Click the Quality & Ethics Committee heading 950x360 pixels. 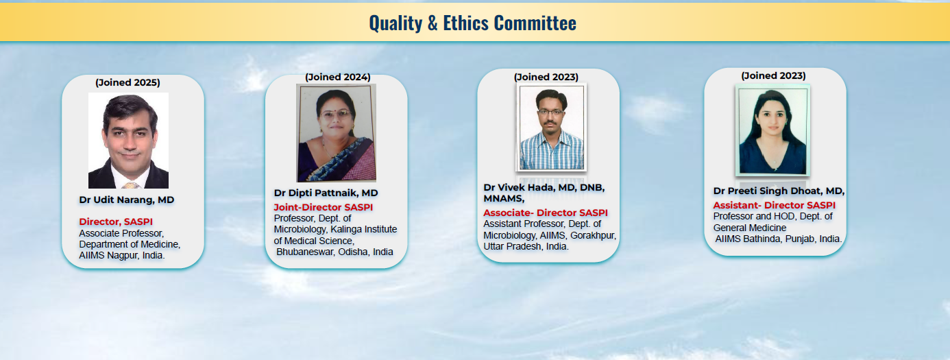click(x=472, y=23)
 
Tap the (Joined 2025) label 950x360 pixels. click(x=127, y=82)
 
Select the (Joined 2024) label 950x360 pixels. click(x=338, y=77)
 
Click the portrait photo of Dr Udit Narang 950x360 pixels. click(x=128, y=141)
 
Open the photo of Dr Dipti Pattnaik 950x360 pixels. click(x=336, y=133)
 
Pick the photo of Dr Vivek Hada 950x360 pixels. click(x=551, y=128)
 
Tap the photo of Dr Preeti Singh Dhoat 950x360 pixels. click(x=772, y=130)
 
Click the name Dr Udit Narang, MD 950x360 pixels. click(x=126, y=200)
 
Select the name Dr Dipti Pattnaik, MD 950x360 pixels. click(x=326, y=193)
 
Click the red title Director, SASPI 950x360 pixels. click(x=116, y=221)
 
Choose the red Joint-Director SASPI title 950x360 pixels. click(x=323, y=207)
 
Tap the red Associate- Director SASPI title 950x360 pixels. click(x=546, y=213)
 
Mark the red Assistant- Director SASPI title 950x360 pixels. click(x=774, y=206)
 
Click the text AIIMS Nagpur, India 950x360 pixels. click(x=122, y=256)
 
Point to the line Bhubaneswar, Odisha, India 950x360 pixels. click(x=334, y=252)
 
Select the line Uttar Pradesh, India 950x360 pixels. click(x=526, y=247)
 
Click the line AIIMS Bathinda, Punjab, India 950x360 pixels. click(x=778, y=239)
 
